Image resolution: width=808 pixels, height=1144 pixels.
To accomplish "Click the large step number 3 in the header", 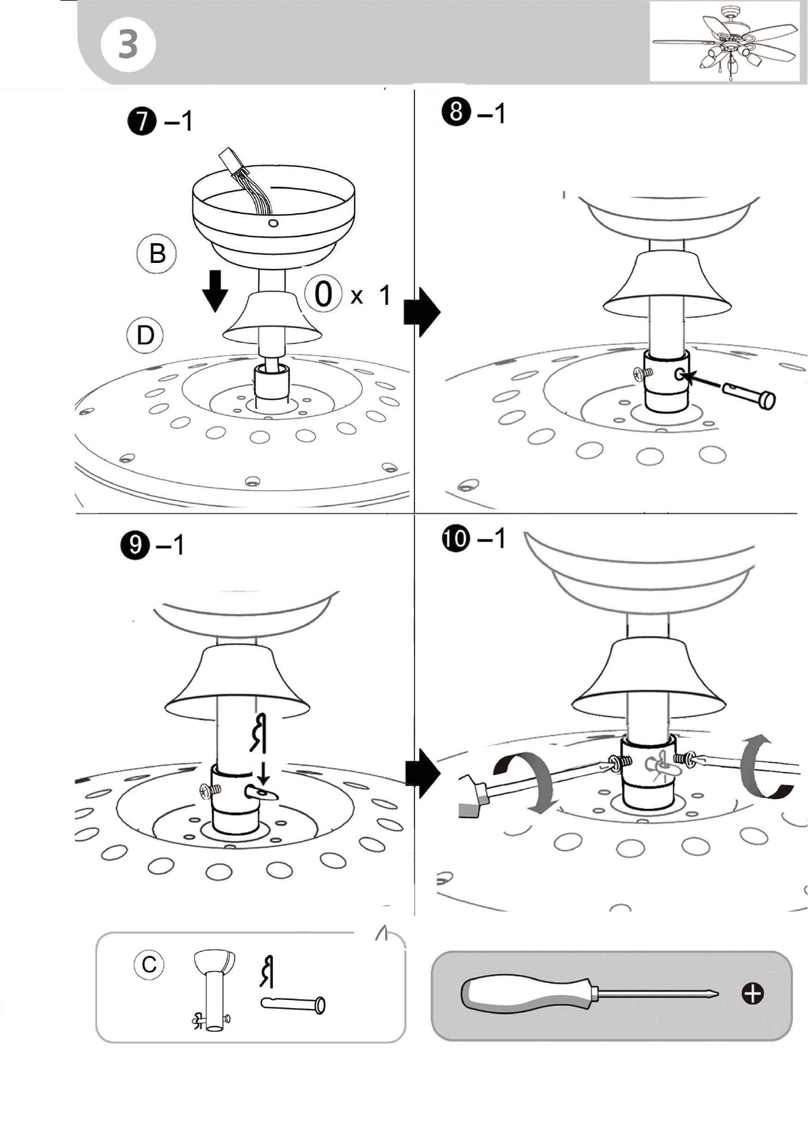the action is pos(128,44).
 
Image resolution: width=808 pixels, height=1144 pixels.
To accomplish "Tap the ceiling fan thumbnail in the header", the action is pos(724,42).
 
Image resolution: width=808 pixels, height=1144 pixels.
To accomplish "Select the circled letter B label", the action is pos(158,253).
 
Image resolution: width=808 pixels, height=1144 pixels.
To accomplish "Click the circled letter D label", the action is pos(145,336).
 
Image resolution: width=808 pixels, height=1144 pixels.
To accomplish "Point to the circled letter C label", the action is pos(149,965).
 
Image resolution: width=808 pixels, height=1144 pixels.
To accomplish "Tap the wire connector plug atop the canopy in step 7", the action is pos(229,162).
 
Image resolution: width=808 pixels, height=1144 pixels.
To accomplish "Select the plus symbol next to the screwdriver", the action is pos(753,993).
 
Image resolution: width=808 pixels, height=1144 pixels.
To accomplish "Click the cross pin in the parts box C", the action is pos(293,1003).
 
